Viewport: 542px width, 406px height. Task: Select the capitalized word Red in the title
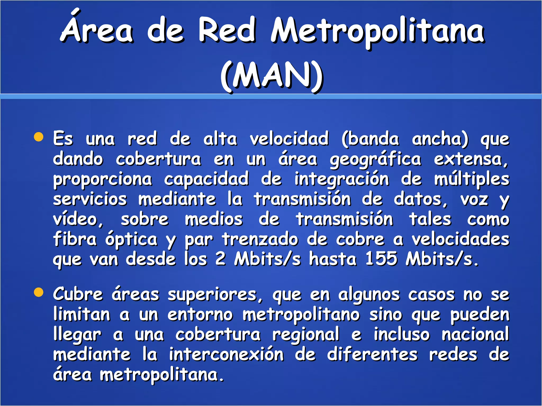click(227, 30)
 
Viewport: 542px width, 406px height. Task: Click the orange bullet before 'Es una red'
click(39, 137)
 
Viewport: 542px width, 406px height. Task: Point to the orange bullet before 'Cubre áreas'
click(39, 293)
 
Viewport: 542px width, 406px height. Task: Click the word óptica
click(132, 239)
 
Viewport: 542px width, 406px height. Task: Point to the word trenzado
click(260, 239)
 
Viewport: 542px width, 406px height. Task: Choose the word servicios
click(90, 199)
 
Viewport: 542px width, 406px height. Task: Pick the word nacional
click(475, 334)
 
